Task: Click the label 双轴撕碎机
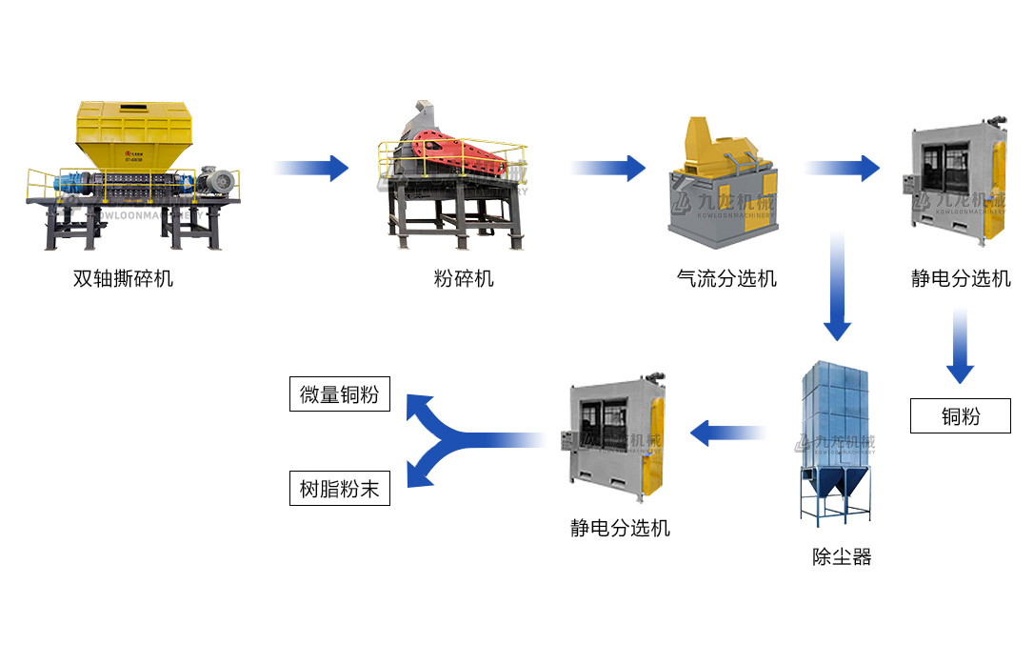pos(123,279)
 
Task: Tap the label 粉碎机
pos(464,279)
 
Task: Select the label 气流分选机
pos(726,279)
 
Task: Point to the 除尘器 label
pos(842,557)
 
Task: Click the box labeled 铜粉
pos(960,416)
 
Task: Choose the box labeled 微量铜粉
pos(339,394)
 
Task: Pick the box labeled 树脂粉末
pos(339,490)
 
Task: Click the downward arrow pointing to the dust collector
pos(837,286)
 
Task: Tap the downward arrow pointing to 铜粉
pos(960,347)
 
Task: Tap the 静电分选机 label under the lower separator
pos(620,527)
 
